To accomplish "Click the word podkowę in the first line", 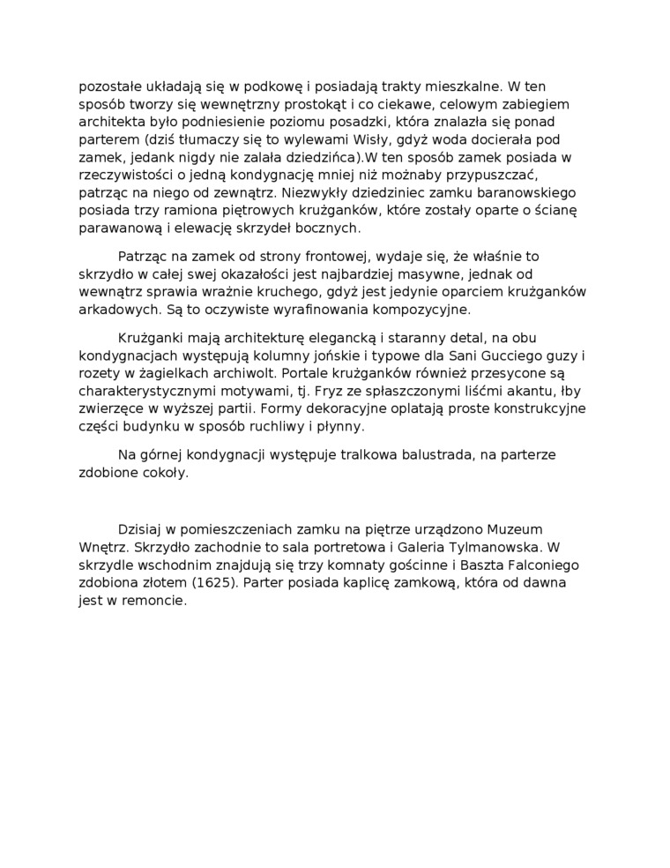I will [256, 86].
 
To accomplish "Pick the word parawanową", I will [120, 228].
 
